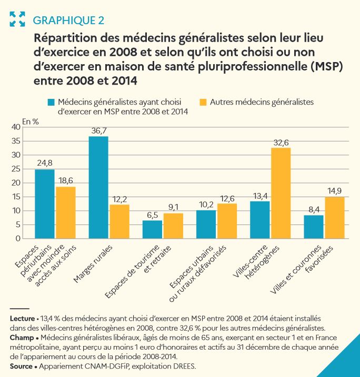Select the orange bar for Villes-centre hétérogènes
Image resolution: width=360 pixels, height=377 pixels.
pos(281,193)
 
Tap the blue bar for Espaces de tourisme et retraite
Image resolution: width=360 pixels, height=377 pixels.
pos(152,229)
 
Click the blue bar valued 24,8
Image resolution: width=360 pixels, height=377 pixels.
pos(45,204)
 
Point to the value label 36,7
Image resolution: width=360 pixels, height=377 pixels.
pos(98,130)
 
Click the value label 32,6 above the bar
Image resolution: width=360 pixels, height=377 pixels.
pos(281,142)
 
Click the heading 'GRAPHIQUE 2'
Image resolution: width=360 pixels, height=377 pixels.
pos(68,21)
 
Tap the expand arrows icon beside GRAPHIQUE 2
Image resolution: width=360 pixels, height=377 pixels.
pos(17,19)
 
